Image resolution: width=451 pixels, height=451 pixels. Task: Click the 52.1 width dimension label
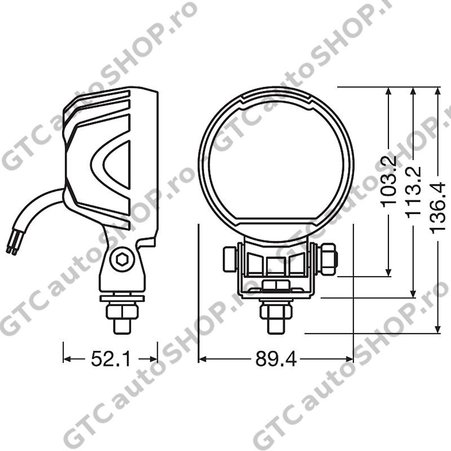[110, 359]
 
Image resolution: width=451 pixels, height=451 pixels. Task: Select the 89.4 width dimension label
[276, 359]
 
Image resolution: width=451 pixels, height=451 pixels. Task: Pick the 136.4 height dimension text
[437, 207]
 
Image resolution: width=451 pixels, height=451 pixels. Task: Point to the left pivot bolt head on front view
[230, 259]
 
